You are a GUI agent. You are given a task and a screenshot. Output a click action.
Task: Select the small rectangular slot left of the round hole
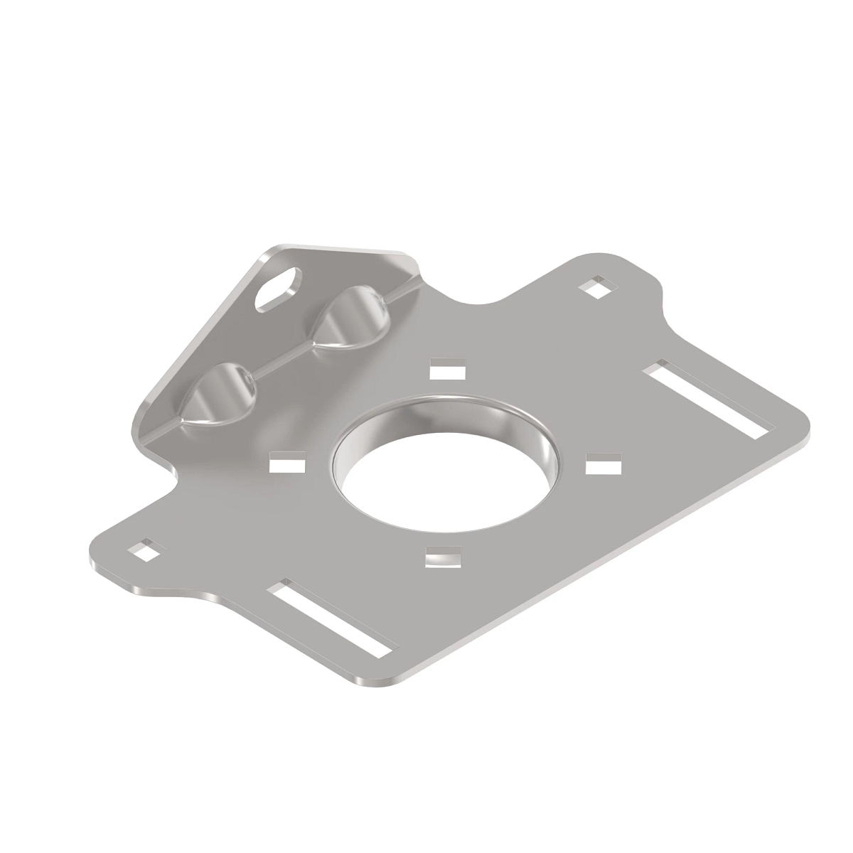[288, 464]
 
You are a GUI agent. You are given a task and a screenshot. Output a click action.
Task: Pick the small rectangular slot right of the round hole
[603, 466]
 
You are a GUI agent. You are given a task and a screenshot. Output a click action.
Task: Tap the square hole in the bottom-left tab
[146, 550]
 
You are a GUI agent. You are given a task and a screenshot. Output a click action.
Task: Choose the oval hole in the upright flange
[278, 288]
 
